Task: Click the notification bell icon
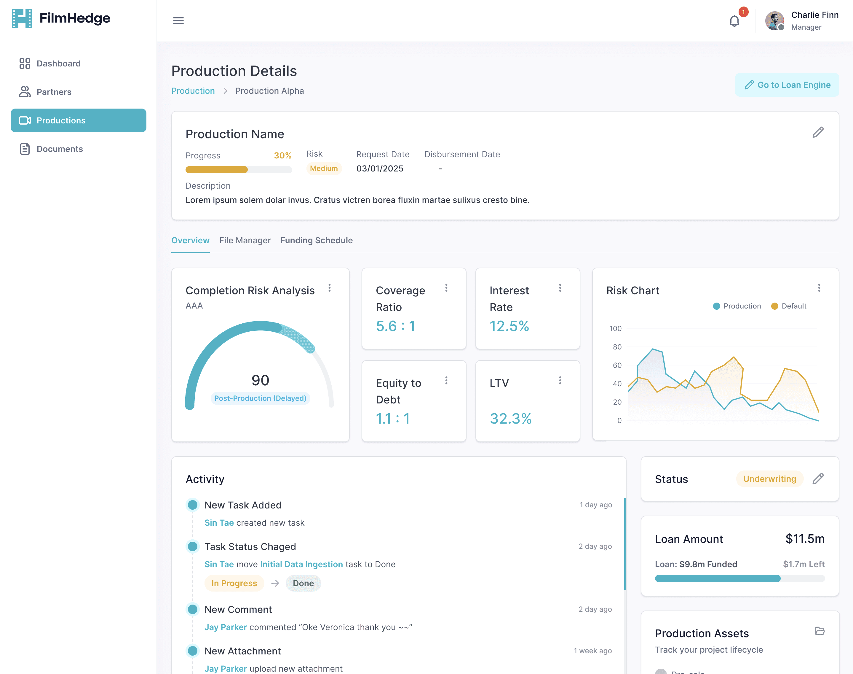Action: click(x=734, y=20)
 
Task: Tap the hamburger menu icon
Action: click(x=178, y=20)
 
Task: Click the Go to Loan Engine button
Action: click(x=787, y=85)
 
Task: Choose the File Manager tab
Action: click(x=245, y=240)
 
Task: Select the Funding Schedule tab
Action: click(x=317, y=240)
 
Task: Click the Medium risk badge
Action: click(x=324, y=168)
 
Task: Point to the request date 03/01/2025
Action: click(x=380, y=168)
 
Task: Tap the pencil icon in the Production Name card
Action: click(x=818, y=132)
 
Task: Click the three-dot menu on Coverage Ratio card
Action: click(x=446, y=288)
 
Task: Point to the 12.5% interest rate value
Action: click(x=509, y=326)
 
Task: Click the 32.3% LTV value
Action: click(x=510, y=418)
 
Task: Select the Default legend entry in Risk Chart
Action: click(x=789, y=306)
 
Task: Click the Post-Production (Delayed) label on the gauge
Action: click(x=260, y=398)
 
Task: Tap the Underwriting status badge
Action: click(x=769, y=479)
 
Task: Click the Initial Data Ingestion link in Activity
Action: click(x=301, y=564)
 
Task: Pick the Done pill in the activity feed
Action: click(x=303, y=583)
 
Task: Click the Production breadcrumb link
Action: click(x=193, y=91)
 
